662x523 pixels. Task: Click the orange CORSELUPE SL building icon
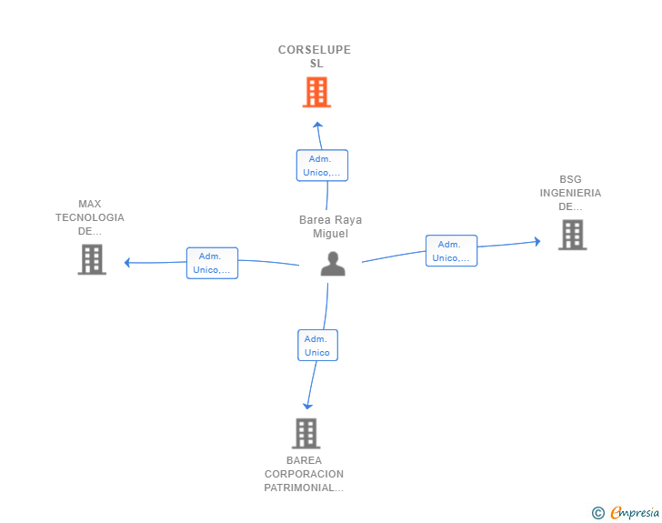point(316,92)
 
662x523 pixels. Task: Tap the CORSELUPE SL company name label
point(315,56)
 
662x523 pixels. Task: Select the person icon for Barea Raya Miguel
point(334,264)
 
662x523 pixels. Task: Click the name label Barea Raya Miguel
point(330,226)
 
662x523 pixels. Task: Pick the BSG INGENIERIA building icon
point(572,235)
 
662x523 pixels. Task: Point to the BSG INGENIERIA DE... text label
point(570,193)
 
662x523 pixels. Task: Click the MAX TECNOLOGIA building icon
point(92,259)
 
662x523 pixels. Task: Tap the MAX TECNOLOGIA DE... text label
point(90,217)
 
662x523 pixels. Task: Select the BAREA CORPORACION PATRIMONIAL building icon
point(306,433)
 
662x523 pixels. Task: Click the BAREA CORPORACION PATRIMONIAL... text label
point(305,474)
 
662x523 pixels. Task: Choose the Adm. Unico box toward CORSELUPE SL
point(322,166)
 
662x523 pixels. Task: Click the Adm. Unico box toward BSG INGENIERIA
point(451,251)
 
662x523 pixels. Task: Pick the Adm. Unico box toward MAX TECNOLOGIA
point(212,263)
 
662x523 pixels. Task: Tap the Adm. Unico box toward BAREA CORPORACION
point(317,346)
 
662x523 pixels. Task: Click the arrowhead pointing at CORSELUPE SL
point(317,125)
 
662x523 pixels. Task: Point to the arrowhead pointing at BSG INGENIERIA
point(537,241)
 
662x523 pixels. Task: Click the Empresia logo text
point(635,512)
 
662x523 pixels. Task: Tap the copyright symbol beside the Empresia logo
point(597,513)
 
